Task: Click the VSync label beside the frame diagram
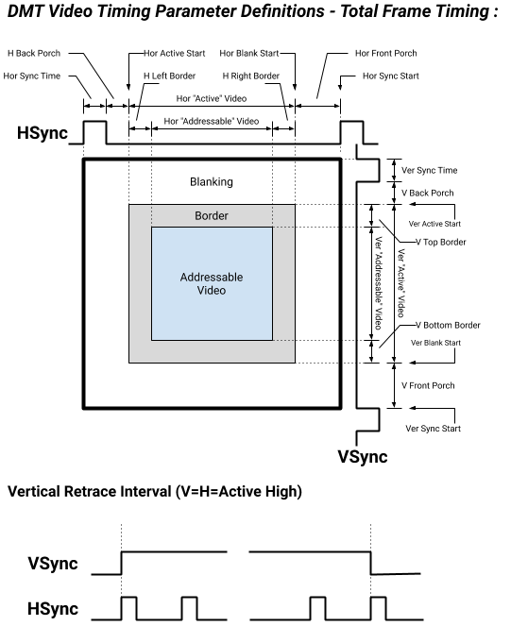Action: coord(363,457)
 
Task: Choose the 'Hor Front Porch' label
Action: coord(386,54)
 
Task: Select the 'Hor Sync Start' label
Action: coord(386,76)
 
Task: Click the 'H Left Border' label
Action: coord(171,76)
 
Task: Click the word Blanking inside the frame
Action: coord(211,181)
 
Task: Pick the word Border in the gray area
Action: coord(211,215)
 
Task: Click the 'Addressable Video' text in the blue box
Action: coord(211,283)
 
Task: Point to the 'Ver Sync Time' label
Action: coord(430,171)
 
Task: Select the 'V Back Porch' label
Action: coord(428,193)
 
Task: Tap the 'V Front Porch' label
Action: coord(429,385)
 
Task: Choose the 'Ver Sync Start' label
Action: coord(433,429)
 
